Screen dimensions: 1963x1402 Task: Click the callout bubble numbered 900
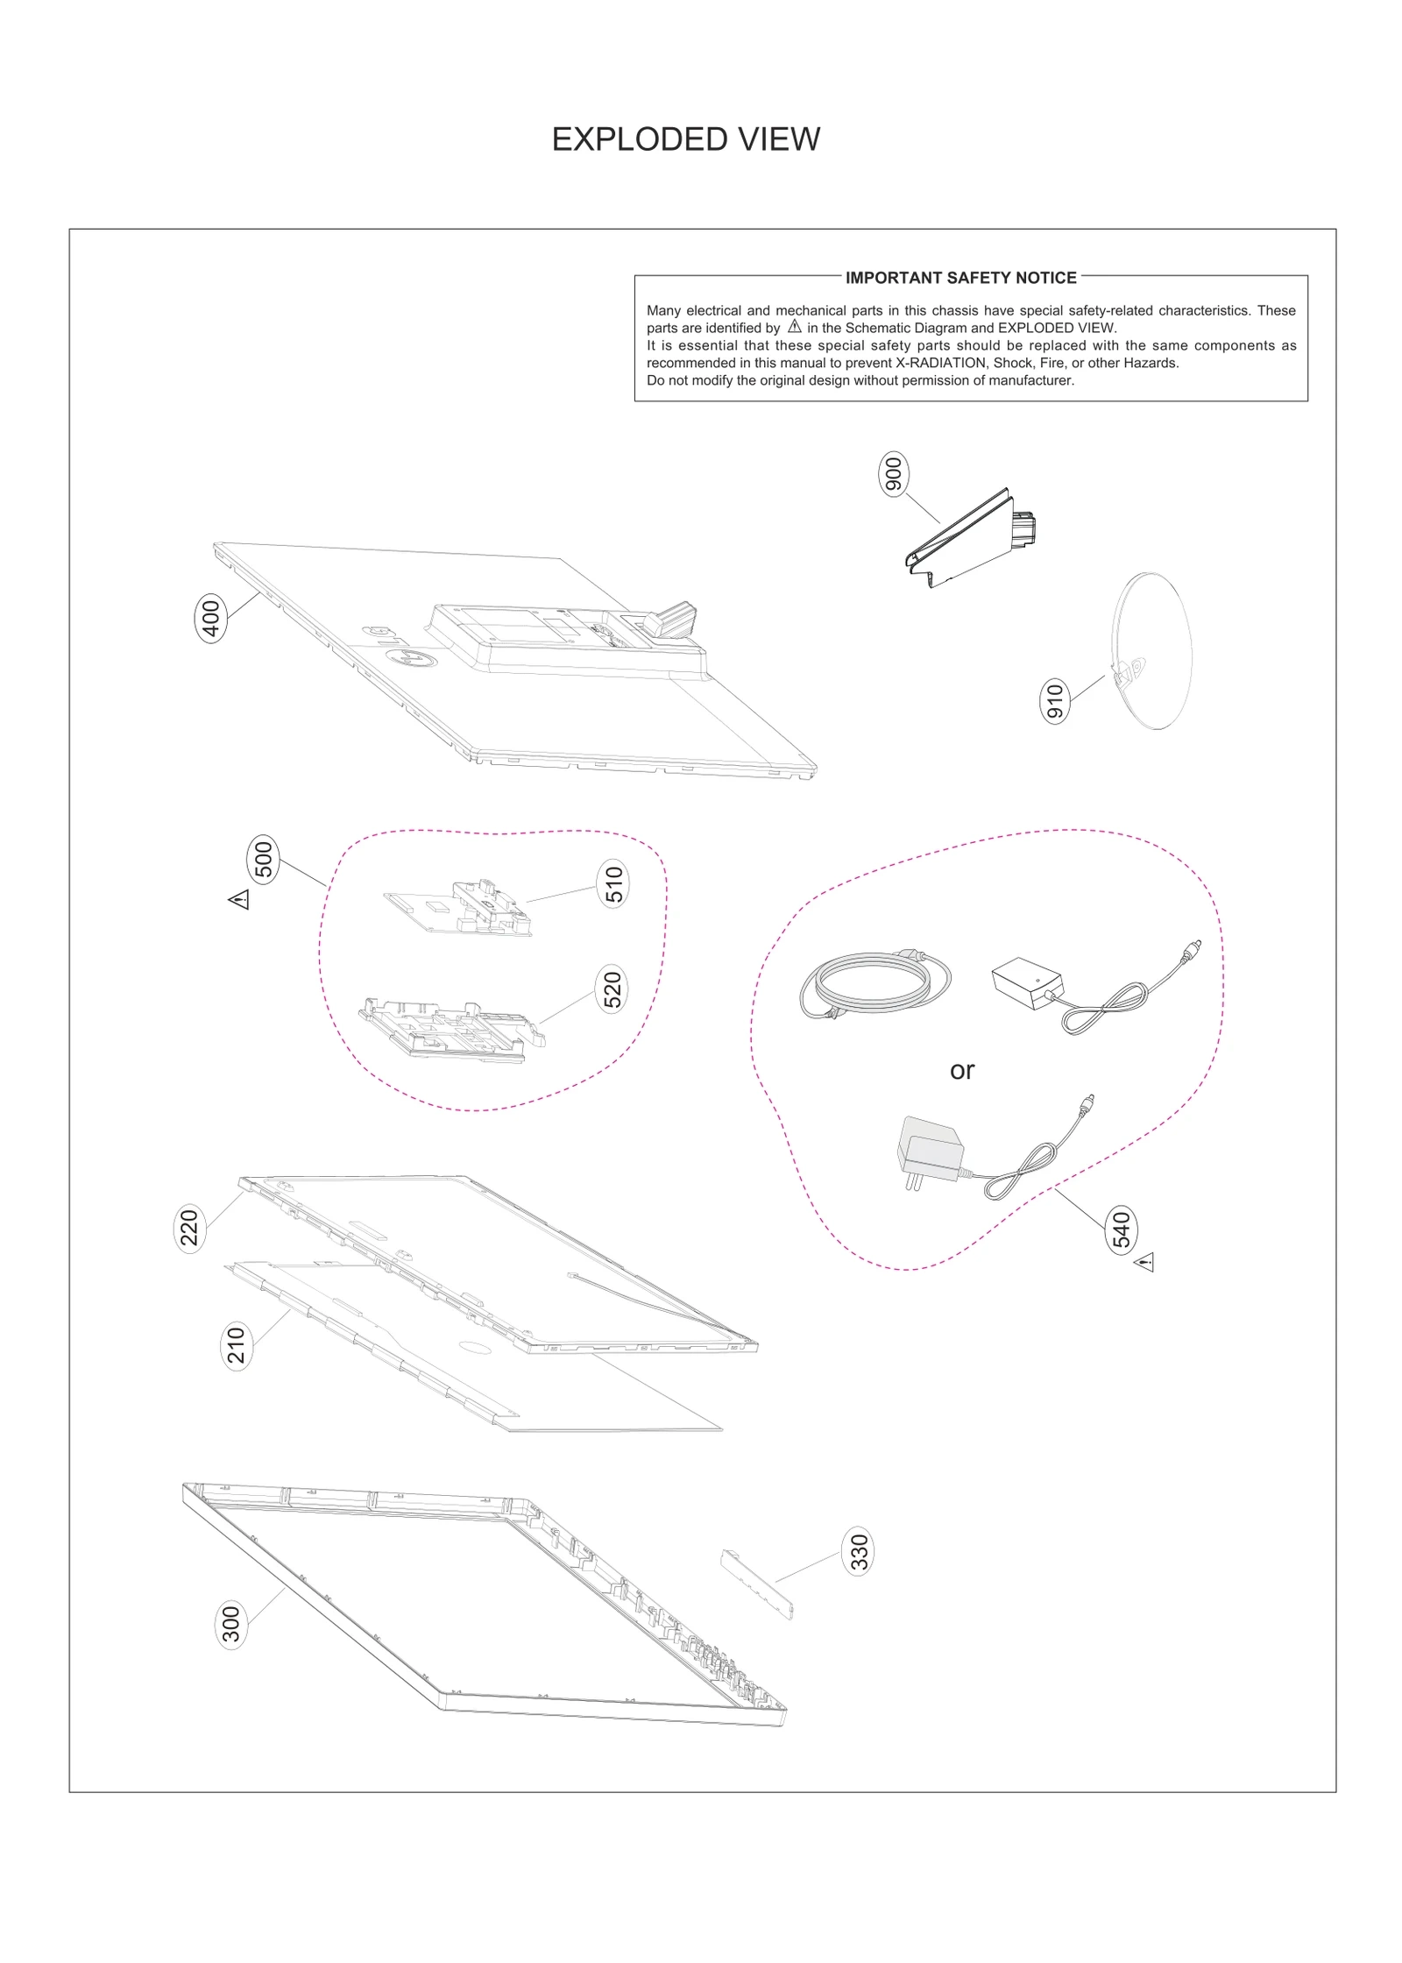coord(893,475)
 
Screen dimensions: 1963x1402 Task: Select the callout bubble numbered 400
coord(211,617)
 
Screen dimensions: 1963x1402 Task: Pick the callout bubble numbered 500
coord(264,859)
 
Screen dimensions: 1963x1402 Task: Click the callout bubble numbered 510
coord(613,883)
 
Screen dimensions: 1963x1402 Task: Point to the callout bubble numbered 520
coord(612,989)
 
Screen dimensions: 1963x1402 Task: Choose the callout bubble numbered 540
coord(1121,1230)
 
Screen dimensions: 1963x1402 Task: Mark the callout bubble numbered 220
coord(190,1227)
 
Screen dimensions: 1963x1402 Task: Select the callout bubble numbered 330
coord(859,1551)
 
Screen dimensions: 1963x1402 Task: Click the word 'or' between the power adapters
coord(961,1071)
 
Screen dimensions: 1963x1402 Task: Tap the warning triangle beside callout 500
coord(239,900)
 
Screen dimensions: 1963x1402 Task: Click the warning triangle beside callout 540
coord(1144,1263)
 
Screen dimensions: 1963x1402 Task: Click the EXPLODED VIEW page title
coord(685,139)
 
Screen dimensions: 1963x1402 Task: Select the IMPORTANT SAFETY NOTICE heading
coord(960,278)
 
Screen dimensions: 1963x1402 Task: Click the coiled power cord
coord(874,984)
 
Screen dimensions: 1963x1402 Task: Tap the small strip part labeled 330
coord(756,1583)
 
